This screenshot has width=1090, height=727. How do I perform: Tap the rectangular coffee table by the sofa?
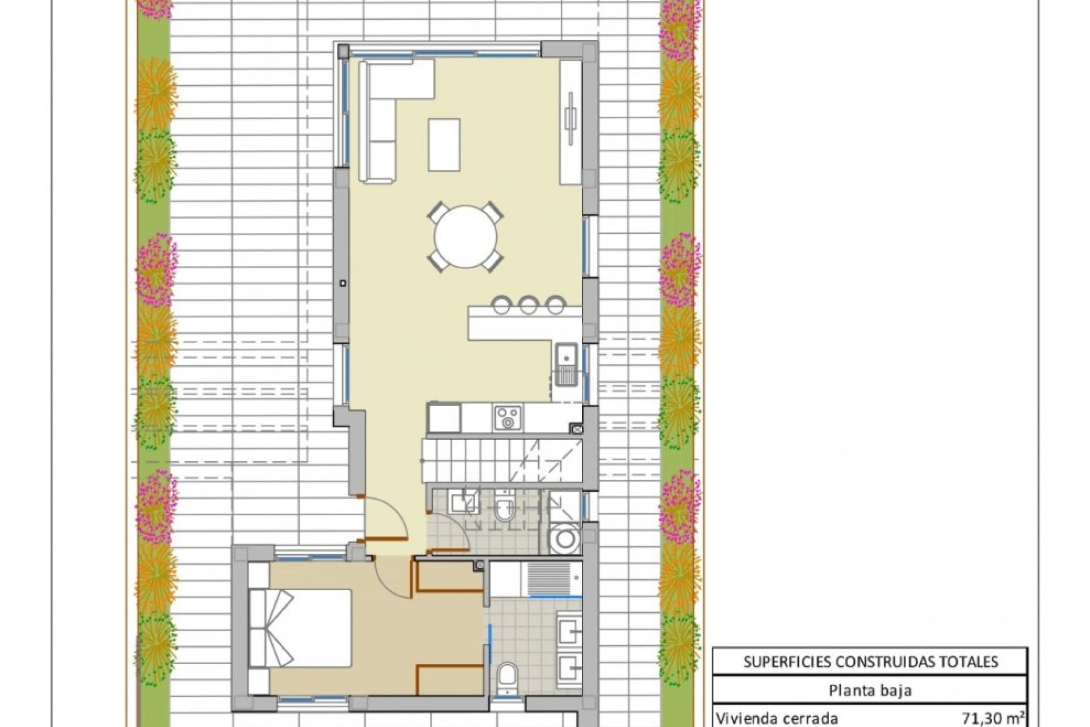444,144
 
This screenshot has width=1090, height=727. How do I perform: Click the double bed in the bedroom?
301,628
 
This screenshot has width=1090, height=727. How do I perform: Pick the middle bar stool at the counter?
529,305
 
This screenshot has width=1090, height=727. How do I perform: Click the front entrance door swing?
386,517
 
